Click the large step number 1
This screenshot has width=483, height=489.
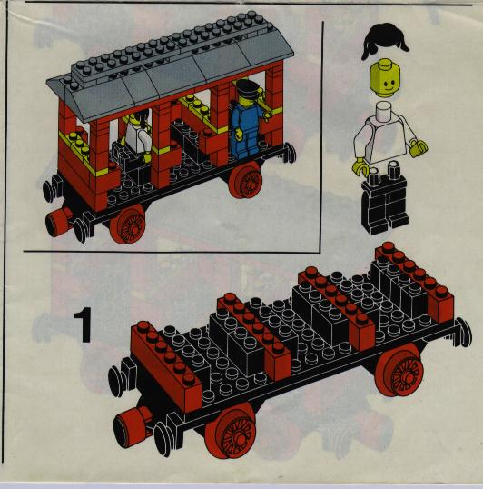[x=84, y=324]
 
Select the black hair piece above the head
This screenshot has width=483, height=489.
[x=385, y=41]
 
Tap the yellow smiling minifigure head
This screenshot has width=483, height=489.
[x=385, y=78]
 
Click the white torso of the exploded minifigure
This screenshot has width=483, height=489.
[x=385, y=135]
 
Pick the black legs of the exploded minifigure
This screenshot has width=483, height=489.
[x=385, y=199]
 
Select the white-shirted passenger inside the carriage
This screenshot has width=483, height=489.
[x=138, y=135]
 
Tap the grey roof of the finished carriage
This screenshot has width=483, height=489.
[x=170, y=67]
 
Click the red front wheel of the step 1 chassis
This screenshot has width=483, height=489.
[x=231, y=430]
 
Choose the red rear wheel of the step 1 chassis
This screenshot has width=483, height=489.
[x=399, y=370]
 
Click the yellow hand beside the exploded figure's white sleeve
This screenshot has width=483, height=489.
[x=419, y=148]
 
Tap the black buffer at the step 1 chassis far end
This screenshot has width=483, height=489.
[x=464, y=332]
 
